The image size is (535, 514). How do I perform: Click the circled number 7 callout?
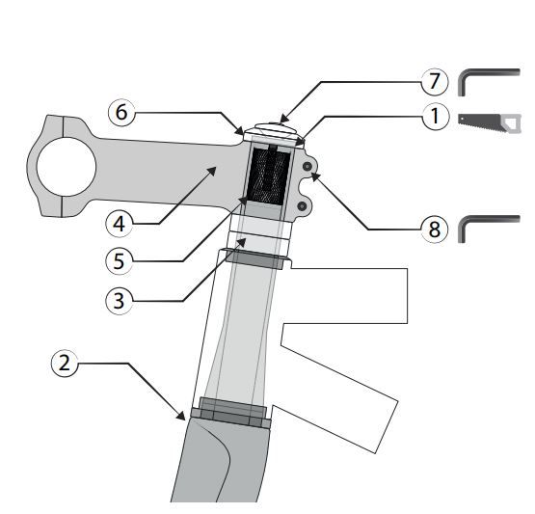tap(434, 82)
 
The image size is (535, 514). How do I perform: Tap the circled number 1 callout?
tap(435, 116)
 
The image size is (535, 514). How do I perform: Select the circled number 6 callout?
tap(121, 112)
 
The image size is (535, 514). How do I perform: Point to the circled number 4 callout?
tap(120, 225)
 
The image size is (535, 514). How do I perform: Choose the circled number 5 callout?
tap(120, 261)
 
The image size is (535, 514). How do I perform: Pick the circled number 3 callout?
tap(120, 301)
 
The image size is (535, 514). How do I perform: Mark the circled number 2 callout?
tap(65, 364)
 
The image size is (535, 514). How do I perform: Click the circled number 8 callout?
tap(434, 229)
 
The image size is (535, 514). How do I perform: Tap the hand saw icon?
tap(490, 122)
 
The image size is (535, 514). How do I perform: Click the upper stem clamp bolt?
tap(308, 166)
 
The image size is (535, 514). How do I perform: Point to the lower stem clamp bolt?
tap(302, 205)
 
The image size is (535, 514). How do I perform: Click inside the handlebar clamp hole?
tap(67, 167)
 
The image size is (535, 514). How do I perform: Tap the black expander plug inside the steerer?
tap(271, 176)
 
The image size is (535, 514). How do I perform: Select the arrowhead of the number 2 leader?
tap(181, 416)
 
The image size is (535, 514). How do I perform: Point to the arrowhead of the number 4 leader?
tap(212, 171)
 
